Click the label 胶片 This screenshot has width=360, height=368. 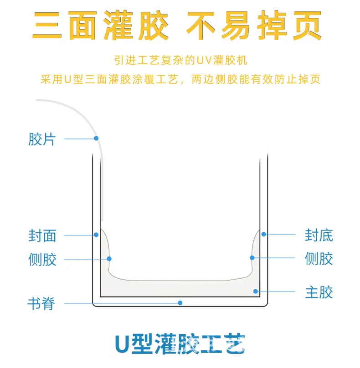tap(42, 139)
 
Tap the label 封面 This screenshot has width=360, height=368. tap(42, 235)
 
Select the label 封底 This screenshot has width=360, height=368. tap(319, 235)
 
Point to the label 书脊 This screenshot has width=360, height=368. tap(41, 303)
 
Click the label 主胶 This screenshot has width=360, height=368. tap(319, 292)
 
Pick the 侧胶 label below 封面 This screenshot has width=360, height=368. tap(42, 259)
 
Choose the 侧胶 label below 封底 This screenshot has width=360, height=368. tap(319, 258)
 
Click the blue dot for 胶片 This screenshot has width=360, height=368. tap(96, 138)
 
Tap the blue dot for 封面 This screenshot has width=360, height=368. tap(96, 235)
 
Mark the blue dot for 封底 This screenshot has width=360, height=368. tap(264, 234)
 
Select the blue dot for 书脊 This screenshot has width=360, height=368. tap(180, 303)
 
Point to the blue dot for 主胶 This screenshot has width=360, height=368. tap(256, 291)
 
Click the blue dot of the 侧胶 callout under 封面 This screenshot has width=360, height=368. tap(109, 259)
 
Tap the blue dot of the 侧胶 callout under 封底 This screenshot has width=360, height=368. tap(252, 258)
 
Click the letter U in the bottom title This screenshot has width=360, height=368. tap(123, 344)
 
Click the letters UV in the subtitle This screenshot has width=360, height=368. tap(204, 60)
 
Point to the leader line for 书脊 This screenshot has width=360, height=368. tap(122, 303)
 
